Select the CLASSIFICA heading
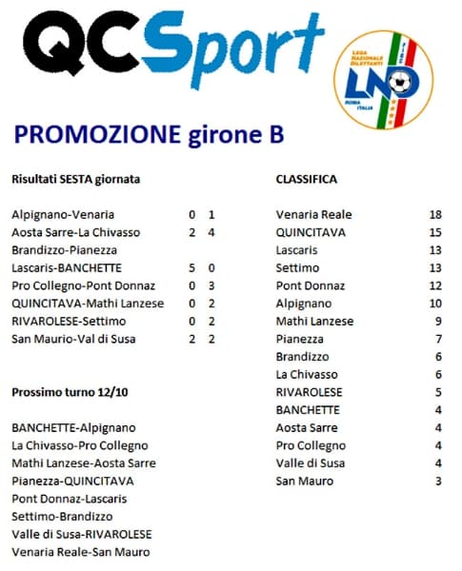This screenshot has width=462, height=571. pos(306,179)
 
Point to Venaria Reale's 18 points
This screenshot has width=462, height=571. pos(435,214)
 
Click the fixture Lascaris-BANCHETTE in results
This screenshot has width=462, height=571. pos(67,267)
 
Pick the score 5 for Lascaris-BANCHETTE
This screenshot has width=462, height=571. pos(192,267)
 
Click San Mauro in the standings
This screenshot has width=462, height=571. pos(305,482)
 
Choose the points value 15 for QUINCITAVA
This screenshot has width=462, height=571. pos(435,232)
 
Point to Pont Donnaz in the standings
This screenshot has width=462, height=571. pos(308,285)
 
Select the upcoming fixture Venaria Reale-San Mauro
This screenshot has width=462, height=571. pos(81,552)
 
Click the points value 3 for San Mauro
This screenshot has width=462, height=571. pos(437,482)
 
